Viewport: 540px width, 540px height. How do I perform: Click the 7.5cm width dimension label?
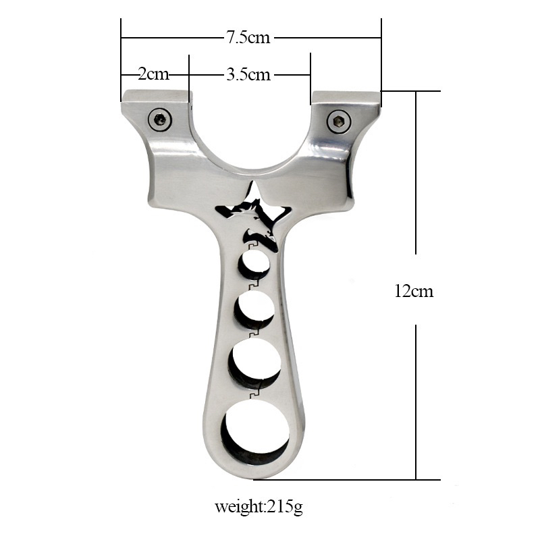[x=248, y=38]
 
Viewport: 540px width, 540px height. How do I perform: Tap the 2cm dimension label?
[x=154, y=74]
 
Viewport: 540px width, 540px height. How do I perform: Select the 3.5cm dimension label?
[x=248, y=74]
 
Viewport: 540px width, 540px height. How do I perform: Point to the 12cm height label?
[x=414, y=291]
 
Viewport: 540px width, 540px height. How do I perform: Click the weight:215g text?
[x=259, y=508]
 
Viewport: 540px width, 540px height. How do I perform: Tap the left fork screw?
[x=160, y=120]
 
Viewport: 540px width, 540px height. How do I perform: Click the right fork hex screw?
[x=339, y=122]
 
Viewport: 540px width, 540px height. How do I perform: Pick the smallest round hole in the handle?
[x=255, y=265]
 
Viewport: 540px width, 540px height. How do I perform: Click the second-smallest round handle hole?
[x=255, y=309]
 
